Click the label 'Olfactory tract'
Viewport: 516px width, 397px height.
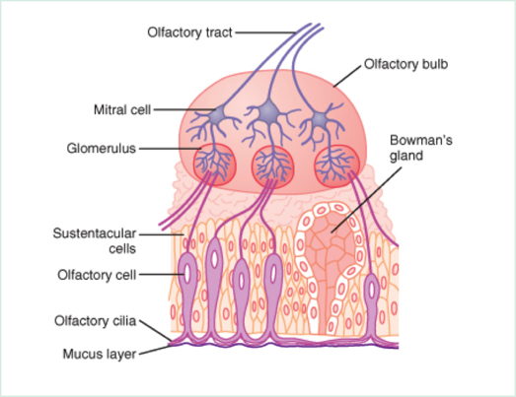(x=189, y=33)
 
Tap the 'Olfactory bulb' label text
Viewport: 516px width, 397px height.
(x=405, y=64)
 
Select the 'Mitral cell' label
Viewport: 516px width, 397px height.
(x=122, y=109)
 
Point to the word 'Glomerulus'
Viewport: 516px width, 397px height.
(x=102, y=148)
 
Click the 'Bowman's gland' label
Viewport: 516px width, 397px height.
(x=421, y=148)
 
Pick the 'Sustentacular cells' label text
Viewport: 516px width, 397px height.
(x=95, y=241)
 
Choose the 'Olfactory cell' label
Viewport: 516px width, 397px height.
(x=97, y=275)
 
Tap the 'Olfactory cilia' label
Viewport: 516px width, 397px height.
(x=96, y=321)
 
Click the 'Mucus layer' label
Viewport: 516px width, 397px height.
(x=100, y=354)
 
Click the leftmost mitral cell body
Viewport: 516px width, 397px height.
(x=217, y=115)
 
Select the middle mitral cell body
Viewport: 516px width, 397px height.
(x=268, y=112)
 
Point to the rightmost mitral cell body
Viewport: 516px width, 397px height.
(x=320, y=119)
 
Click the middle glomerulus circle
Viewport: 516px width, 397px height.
(x=273, y=167)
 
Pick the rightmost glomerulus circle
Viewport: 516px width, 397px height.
(x=337, y=165)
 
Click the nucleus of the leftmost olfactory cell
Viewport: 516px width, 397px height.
(x=187, y=274)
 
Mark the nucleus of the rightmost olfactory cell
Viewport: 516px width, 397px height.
(x=372, y=290)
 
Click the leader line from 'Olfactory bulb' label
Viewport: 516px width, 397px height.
(x=347, y=76)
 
